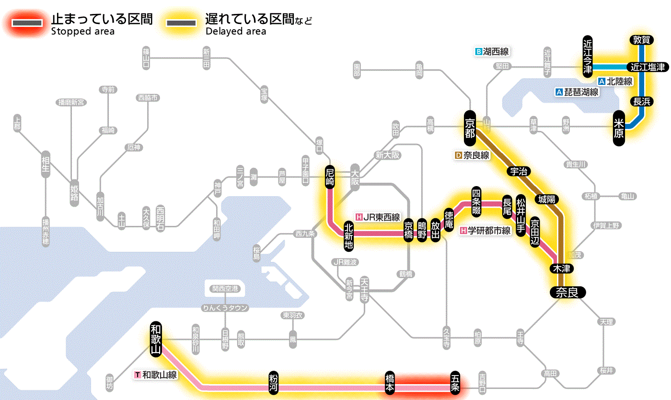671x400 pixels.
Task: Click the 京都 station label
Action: coord(470,127)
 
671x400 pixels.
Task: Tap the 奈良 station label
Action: coord(567,292)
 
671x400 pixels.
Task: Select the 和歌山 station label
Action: coord(156,339)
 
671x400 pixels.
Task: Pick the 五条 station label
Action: coord(455,383)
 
